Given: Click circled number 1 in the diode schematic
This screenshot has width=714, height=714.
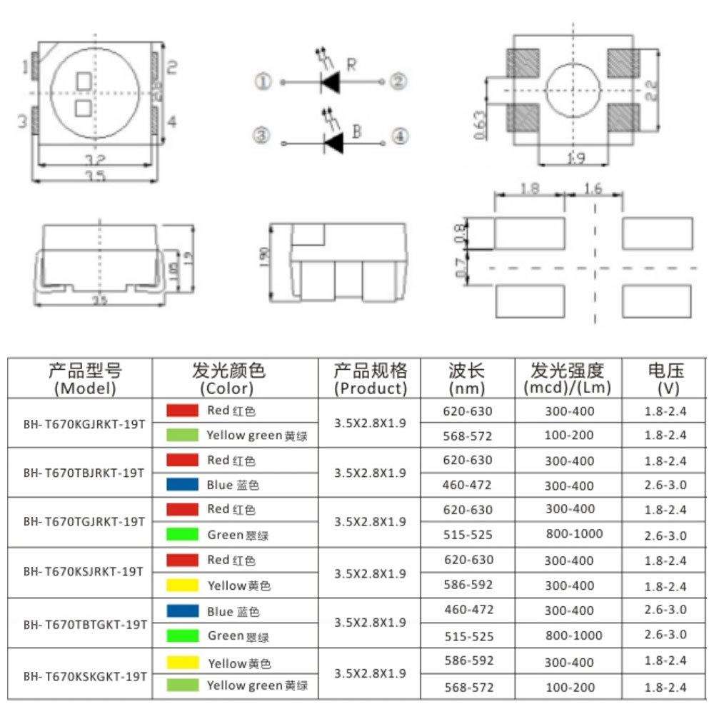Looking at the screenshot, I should click(x=263, y=82).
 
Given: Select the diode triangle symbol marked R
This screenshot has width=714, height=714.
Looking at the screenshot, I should click(x=330, y=84).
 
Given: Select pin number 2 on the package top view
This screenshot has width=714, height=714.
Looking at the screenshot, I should click(x=171, y=68).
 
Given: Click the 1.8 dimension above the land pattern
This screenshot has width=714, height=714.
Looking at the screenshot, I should click(x=530, y=189).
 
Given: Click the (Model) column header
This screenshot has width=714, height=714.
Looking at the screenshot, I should click(x=84, y=388).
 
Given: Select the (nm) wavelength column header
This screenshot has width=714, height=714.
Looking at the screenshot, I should click(x=468, y=388).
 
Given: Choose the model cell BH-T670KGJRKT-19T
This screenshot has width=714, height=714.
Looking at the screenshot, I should click(x=84, y=423).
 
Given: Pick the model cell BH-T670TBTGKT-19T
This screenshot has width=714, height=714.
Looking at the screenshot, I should click(x=84, y=623).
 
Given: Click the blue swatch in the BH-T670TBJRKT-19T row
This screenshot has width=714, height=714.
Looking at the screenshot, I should click(x=182, y=485).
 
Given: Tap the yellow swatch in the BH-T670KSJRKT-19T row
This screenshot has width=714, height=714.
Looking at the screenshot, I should click(x=182, y=585).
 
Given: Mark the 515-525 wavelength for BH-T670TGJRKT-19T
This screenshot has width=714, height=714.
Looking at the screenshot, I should click(x=468, y=534).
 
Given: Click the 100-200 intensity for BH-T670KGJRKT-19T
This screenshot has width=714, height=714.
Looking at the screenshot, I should click(x=568, y=435).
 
